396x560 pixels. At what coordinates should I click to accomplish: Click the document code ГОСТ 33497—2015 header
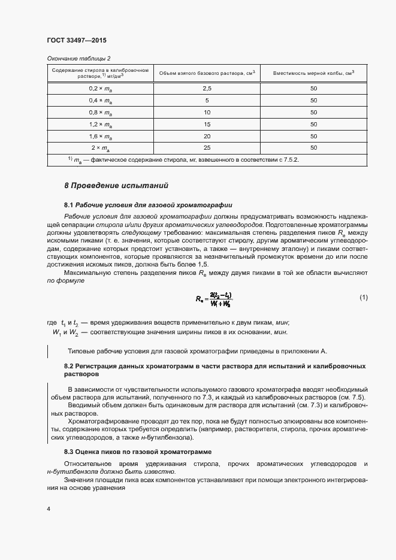coord(77,40)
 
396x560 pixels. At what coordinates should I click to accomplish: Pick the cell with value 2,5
coord(207,88)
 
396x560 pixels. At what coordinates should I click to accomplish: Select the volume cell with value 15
coord(207,124)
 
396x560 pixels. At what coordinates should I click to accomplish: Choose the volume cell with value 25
coord(207,148)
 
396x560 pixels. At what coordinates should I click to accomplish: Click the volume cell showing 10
coord(207,112)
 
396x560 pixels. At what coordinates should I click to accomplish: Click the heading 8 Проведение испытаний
coord(116,186)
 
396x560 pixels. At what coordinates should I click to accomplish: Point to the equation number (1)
coord(363,298)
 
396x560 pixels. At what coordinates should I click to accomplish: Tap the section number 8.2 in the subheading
coord(68,365)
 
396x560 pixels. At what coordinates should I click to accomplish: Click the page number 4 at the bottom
coord(49,509)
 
